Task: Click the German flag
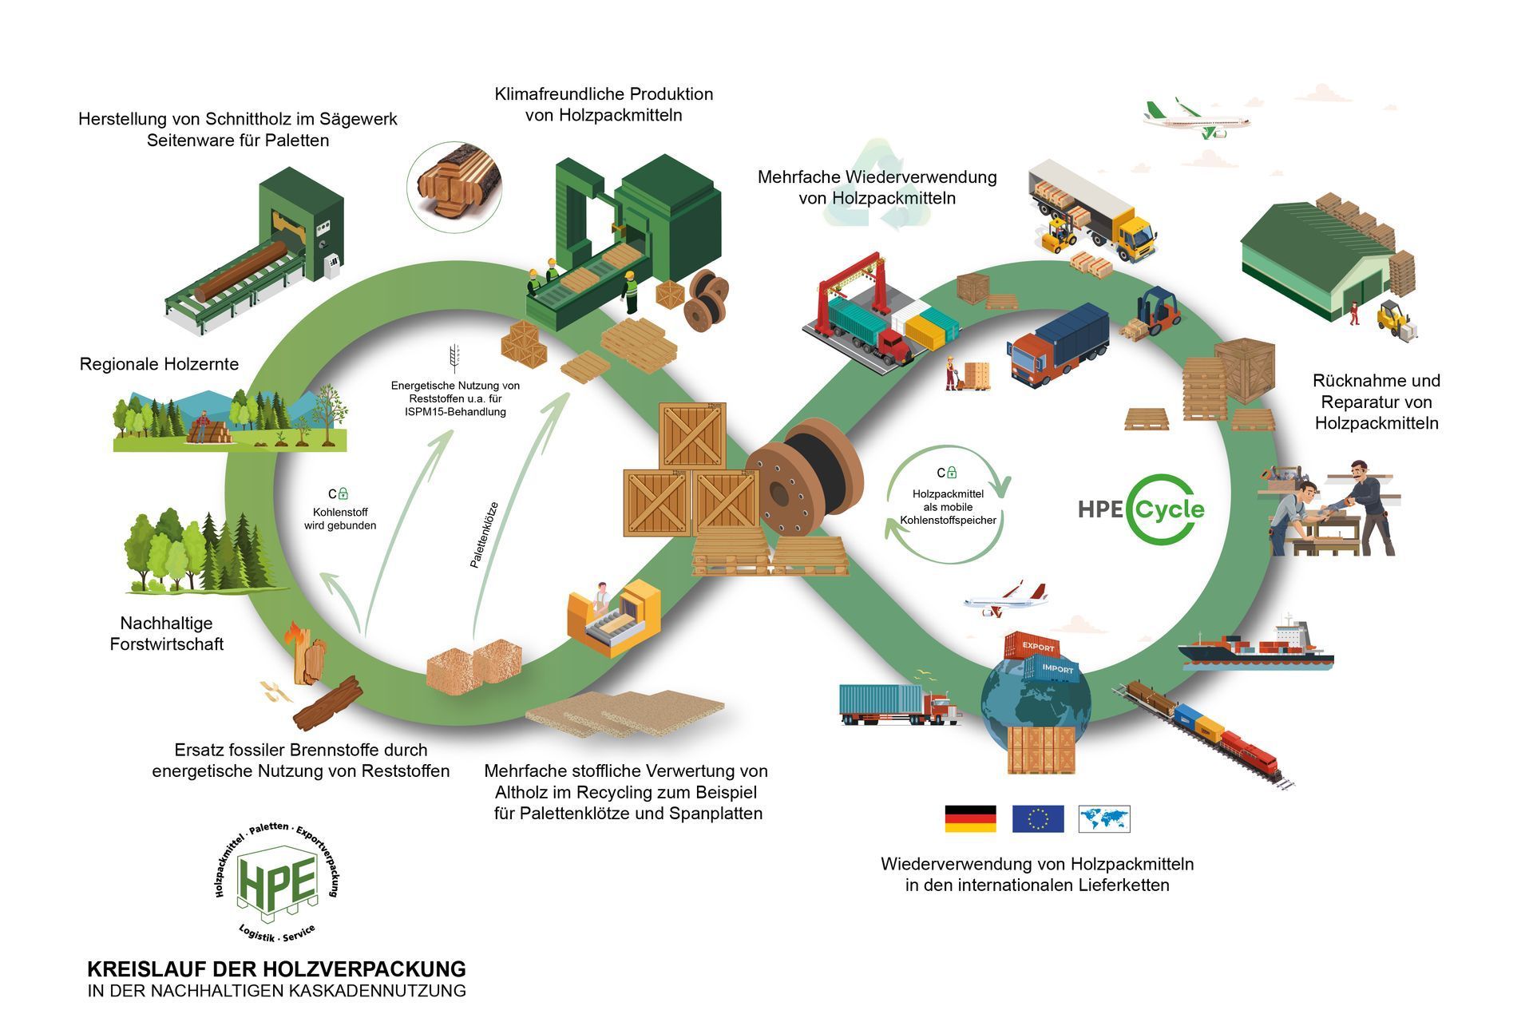coord(970,818)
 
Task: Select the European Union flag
coord(1038,818)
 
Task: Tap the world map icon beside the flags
coord(1104,818)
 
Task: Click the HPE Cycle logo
coord(1142,509)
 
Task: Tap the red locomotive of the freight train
coord(1250,755)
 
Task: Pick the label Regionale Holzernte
coord(159,364)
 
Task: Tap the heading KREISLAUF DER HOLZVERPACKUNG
coord(276,969)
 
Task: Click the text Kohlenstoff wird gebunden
coord(340,519)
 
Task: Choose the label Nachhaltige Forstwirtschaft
coord(167,633)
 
